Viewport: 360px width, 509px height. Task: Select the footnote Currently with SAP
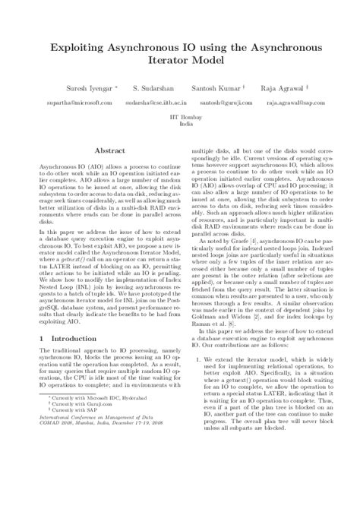click(x=73, y=453)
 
